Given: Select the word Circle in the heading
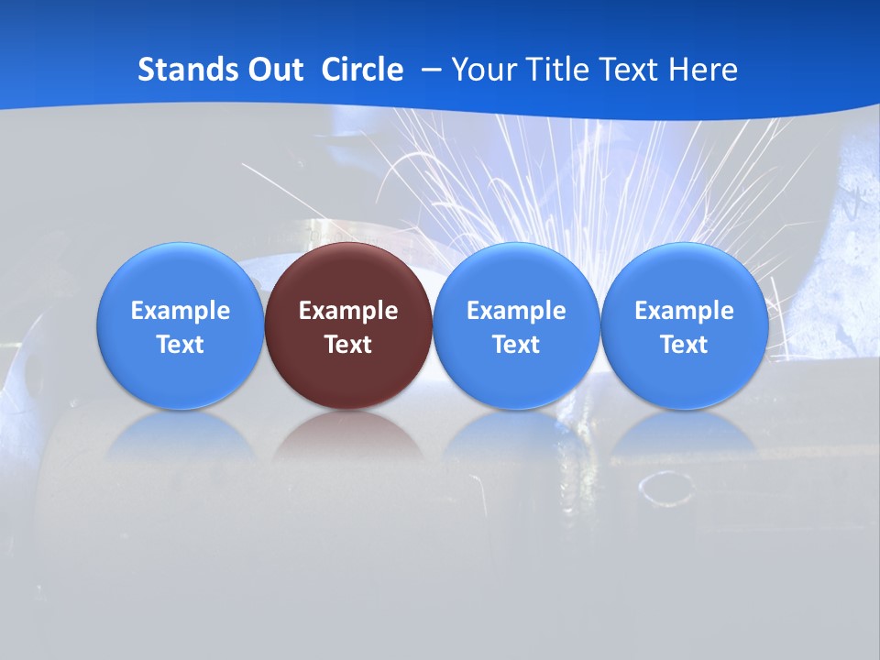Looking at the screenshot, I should coord(362,70).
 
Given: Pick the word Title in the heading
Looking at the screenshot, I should coord(558,70).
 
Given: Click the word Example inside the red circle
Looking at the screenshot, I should coord(348,311).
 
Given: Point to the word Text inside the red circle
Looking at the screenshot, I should coord(348,345).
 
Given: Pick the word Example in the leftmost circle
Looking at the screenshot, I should coord(180,311).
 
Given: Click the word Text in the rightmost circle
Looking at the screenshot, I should coord(685,345).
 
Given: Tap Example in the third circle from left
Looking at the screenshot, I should coord(516,311).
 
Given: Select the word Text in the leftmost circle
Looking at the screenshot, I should coord(180,345).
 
